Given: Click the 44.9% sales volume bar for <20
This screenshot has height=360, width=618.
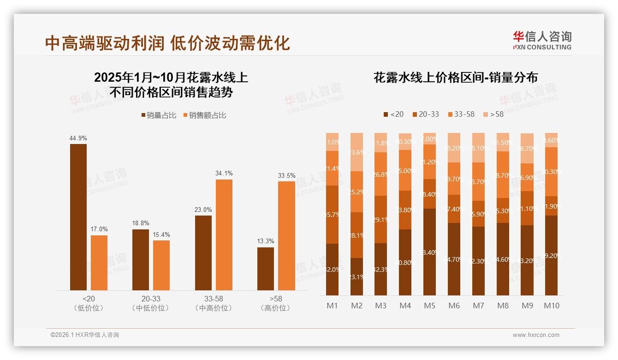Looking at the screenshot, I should [78, 217].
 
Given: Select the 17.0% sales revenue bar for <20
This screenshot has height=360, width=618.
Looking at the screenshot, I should [99, 263].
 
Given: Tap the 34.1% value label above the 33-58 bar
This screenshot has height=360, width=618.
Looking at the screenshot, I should [224, 174].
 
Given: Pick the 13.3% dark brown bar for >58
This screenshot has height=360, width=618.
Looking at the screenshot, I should [266, 269].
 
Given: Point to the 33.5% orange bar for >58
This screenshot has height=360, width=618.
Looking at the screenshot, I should [286, 235].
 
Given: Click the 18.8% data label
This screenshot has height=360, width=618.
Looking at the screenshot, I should [141, 223].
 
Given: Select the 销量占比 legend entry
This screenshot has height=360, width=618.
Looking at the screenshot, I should [159, 115].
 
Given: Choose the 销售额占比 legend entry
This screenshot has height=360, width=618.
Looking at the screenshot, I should [205, 115].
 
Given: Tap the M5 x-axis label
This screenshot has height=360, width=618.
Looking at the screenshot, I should [429, 306].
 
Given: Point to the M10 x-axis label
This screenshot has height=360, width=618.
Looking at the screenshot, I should [551, 306].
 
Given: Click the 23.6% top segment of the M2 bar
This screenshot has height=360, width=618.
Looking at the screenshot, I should [357, 152].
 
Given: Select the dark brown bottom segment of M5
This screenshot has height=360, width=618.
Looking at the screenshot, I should [429, 252].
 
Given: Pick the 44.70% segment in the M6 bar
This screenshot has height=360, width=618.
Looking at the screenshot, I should [454, 259].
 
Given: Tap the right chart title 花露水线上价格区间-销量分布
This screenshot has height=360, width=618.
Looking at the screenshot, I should [455, 78].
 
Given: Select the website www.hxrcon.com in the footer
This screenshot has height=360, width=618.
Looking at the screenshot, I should [536, 335].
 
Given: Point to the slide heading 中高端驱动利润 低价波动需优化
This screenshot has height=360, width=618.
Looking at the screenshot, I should [168, 43].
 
